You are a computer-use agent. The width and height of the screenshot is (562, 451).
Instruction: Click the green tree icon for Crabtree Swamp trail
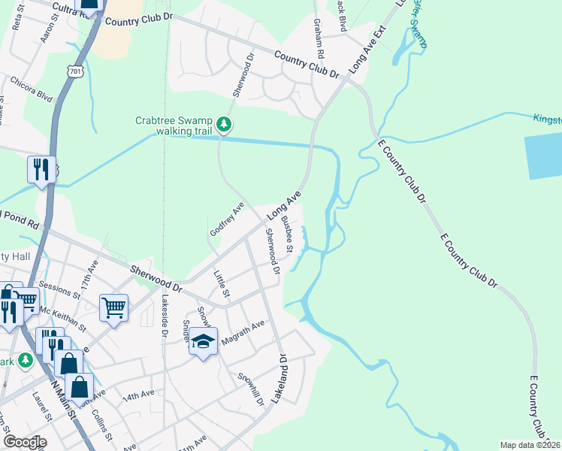tap(223, 125)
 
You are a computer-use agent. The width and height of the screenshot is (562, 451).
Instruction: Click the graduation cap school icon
tap(203, 342)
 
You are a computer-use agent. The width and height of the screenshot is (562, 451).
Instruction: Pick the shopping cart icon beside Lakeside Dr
tap(113, 306)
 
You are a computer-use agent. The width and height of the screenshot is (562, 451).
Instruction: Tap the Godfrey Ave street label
tap(228, 219)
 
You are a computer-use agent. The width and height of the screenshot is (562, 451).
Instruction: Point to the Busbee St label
tap(286, 234)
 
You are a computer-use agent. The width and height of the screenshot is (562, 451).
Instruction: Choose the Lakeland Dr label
tap(279, 380)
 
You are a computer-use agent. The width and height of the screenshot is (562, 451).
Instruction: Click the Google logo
tap(25, 442)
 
